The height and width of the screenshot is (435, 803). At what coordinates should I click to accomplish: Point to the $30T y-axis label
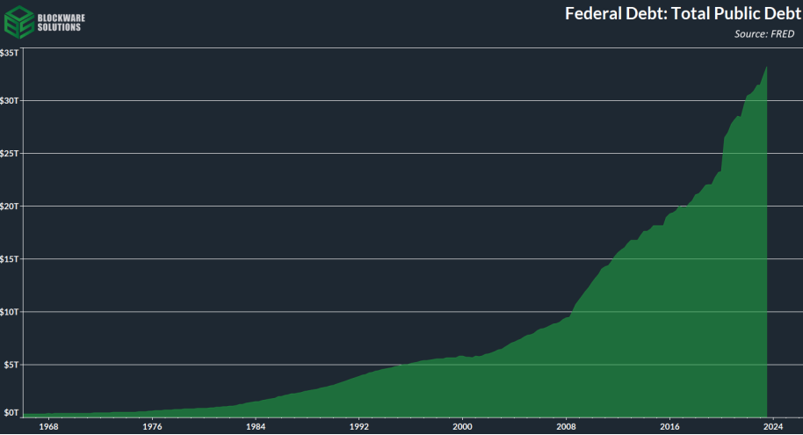10,100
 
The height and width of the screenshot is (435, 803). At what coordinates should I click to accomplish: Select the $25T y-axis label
10,153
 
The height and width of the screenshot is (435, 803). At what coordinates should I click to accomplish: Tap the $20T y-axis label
10,206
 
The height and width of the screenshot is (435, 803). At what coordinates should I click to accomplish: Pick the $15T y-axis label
10,258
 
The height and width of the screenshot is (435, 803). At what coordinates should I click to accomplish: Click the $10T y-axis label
10,311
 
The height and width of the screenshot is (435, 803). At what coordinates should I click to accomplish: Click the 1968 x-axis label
48,426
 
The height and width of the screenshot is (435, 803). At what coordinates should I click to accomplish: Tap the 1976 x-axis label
152,426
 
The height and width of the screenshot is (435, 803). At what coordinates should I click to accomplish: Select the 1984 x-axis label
256,426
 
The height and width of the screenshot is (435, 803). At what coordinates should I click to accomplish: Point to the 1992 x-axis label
359,426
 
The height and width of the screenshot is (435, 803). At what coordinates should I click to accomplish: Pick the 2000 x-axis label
463,426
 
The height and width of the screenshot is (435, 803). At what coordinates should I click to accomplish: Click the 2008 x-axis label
567,426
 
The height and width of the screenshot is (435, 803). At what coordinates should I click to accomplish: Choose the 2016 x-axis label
670,426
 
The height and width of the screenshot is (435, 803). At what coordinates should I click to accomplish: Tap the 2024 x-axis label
773,426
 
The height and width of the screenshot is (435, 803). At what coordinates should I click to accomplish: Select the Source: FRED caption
763,34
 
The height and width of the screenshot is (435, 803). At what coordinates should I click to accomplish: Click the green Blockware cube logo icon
19,20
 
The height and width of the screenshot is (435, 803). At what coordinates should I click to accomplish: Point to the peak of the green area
768,67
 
